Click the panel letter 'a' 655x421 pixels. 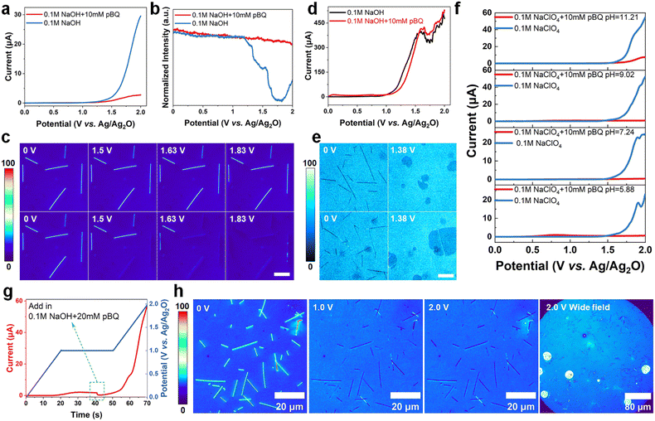[x=6, y=7]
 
